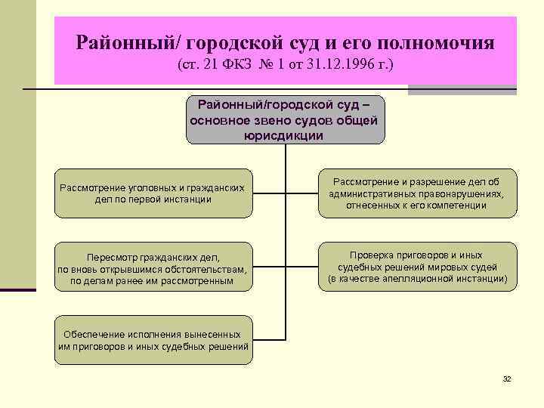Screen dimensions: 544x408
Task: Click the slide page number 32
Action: point(507,378)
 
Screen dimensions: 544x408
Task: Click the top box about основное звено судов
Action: point(285,119)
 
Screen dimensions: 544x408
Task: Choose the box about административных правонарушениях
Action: point(416,193)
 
